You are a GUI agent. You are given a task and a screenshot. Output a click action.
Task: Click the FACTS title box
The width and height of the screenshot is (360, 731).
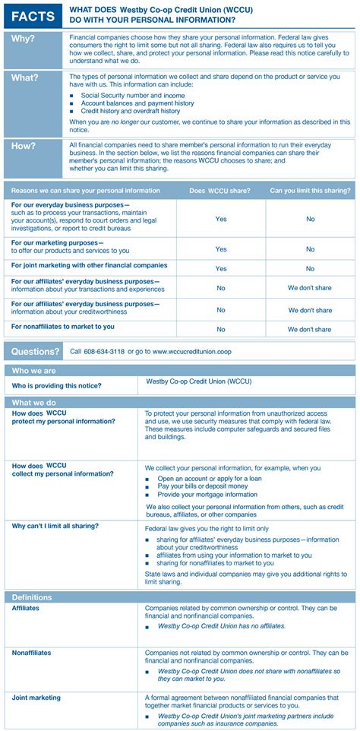coord(33,15)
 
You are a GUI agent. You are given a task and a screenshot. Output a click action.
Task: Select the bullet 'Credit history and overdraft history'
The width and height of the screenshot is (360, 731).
coord(131,111)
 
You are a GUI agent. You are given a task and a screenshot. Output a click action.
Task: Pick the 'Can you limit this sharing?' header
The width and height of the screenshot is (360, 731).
coord(310,191)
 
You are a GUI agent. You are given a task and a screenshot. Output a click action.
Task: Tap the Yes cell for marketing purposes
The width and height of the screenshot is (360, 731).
coord(221,249)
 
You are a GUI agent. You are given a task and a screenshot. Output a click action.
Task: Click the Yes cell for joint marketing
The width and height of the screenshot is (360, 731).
coord(221,268)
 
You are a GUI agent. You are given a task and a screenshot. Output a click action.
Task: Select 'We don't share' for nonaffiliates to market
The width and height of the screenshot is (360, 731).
coord(310,330)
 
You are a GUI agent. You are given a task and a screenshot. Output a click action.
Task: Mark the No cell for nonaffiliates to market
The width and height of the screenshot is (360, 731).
coord(221,330)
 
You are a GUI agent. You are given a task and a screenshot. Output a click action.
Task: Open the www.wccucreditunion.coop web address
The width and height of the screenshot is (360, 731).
coord(193,352)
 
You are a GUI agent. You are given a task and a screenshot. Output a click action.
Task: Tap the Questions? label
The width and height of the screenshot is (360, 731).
coord(35,352)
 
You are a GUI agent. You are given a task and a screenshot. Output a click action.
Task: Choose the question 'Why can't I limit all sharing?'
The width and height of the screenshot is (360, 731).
coord(55,525)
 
